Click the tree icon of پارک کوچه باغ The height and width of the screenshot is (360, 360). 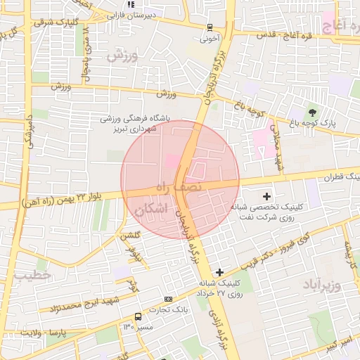pos(313,112)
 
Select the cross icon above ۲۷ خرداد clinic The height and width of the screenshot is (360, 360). pos(220,272)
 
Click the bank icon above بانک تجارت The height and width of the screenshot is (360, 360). pos(167,299)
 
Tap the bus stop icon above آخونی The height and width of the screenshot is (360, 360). pos(210,27)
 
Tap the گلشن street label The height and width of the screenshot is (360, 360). pos(128,236)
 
